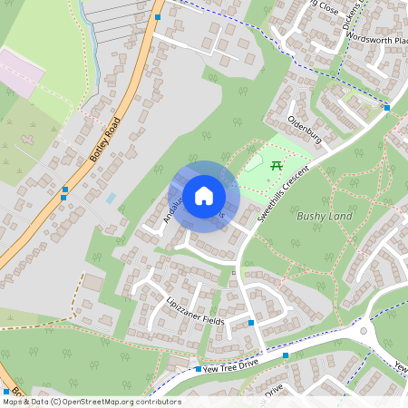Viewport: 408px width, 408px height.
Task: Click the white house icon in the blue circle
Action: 204,195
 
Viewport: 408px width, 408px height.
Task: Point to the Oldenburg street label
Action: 305,130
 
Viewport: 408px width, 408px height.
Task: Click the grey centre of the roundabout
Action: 364,331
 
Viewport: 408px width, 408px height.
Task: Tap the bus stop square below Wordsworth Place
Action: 387,108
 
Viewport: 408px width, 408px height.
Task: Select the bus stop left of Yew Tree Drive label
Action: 198,369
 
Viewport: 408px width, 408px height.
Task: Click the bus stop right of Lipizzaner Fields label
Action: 250,322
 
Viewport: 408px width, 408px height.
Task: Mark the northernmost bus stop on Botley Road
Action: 158,17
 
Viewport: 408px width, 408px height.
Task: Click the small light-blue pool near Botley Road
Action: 111,197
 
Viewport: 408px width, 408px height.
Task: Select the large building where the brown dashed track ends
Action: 93,283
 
